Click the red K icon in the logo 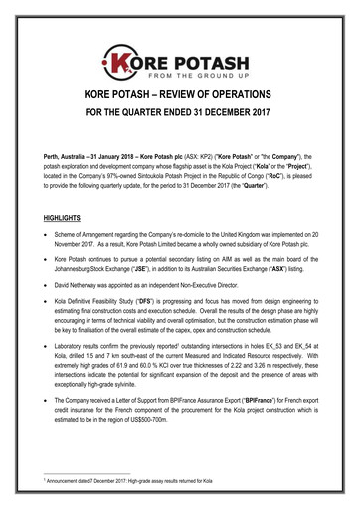[x=126, y=38]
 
